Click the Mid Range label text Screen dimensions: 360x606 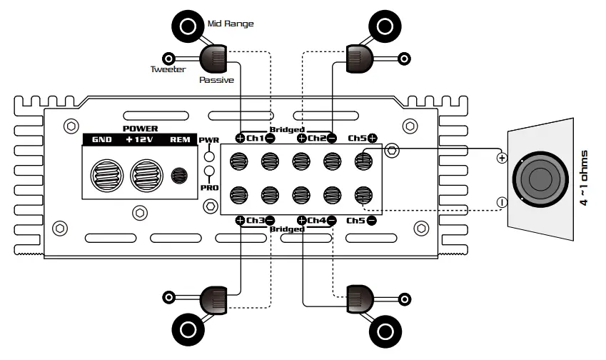coord(230,24)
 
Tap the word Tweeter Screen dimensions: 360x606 coord(168,69)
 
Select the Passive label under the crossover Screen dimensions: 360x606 coord(216,80)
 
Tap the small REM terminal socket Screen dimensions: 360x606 coord(180,174)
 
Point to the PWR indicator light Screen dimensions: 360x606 coord(210,156)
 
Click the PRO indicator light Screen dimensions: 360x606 coord(210,171)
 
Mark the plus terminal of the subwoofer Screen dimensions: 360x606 coord(502,158)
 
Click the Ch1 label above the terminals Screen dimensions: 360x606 coord(256,138)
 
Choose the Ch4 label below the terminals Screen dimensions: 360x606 coord(317,220)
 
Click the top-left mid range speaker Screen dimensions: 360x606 coord(188,27)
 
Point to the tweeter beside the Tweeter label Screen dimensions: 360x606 coord(169,58)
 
